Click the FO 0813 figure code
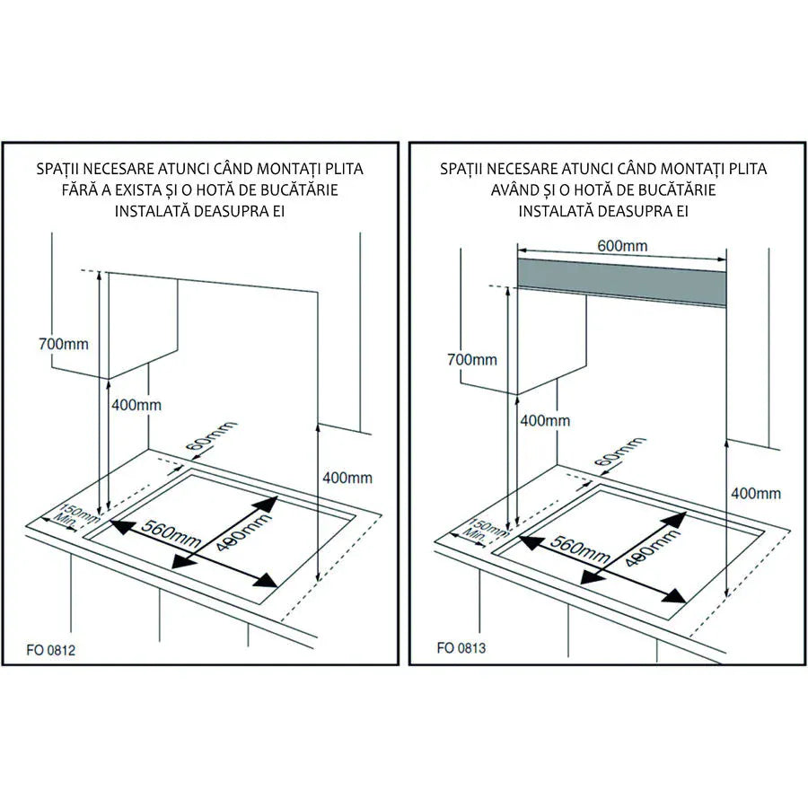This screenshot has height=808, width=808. point(461,647)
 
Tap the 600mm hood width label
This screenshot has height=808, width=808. point(621,246)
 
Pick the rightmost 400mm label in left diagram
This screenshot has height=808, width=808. point(347,478)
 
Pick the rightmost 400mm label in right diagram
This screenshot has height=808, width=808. point(756,493)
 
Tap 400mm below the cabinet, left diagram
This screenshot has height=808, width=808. point(136,405)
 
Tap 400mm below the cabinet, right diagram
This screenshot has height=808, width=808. point(545,420)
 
